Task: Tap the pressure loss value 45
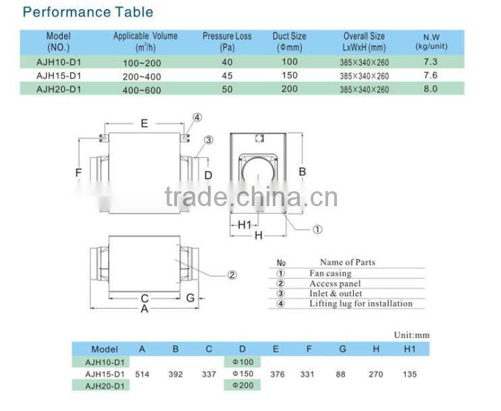point(227,76)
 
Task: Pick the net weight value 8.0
point(430,89)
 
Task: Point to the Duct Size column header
point(289,41)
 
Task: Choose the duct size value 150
point(289,76)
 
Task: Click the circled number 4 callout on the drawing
point(196,117)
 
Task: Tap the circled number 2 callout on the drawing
point(232,274)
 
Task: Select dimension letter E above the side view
point(144,123)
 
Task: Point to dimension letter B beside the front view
point(302,172)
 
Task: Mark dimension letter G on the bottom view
point(190,297)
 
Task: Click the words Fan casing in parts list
point(330,274)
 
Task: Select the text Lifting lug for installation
point(361,304)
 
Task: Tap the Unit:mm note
point(411,335)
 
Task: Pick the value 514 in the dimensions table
point(142,374)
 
